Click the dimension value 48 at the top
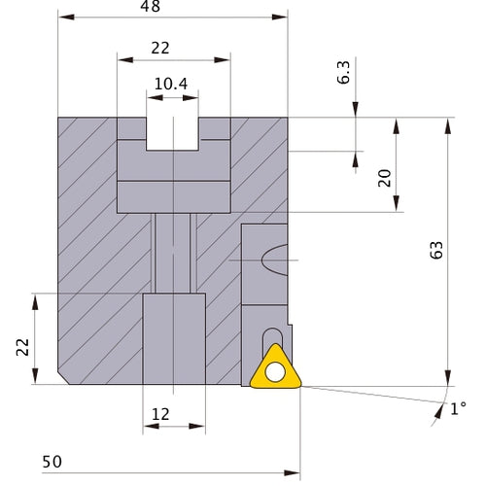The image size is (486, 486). coord(150,6)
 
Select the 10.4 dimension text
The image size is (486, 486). coord(171,84)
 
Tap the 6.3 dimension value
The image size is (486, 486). coord(344,73)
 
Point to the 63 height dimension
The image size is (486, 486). coord(436,250)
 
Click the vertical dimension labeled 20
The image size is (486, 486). coord(385,178)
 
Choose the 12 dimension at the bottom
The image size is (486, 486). coord(160,414)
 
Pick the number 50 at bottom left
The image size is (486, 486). coord(52,462)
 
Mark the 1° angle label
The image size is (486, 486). coord(458,408)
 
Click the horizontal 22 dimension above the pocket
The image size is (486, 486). coord(160,49)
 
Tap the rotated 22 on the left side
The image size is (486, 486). coord(22,347)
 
